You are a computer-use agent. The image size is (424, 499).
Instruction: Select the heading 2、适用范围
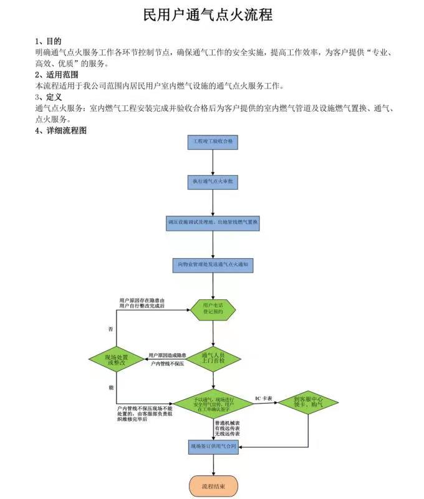56,74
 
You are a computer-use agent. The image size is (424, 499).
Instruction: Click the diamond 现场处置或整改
117,359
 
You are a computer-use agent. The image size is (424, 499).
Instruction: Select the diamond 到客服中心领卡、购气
308,402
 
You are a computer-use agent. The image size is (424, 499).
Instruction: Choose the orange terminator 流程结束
213,485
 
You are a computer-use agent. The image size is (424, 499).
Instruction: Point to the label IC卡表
264,398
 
